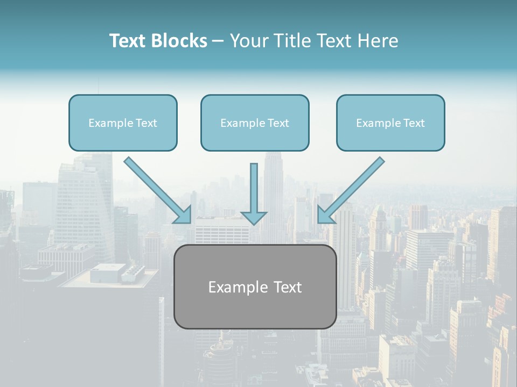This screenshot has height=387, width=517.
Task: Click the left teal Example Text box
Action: tap(123, 123)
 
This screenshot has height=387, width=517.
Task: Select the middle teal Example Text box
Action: tap(255, 123)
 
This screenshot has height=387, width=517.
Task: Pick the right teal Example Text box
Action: tap(390, 123)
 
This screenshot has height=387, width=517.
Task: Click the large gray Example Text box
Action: tap(255, 286)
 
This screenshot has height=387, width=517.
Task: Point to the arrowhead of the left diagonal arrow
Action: tap(185, 217)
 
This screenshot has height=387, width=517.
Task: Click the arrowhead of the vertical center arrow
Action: tap(254, 218)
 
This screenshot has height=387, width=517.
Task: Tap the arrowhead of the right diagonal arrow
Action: tap(324, 216)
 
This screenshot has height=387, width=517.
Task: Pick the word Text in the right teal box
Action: tap(414, 123)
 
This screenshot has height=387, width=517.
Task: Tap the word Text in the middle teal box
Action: tap(278, 123)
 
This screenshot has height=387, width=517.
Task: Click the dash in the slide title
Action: tap(218, 41)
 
